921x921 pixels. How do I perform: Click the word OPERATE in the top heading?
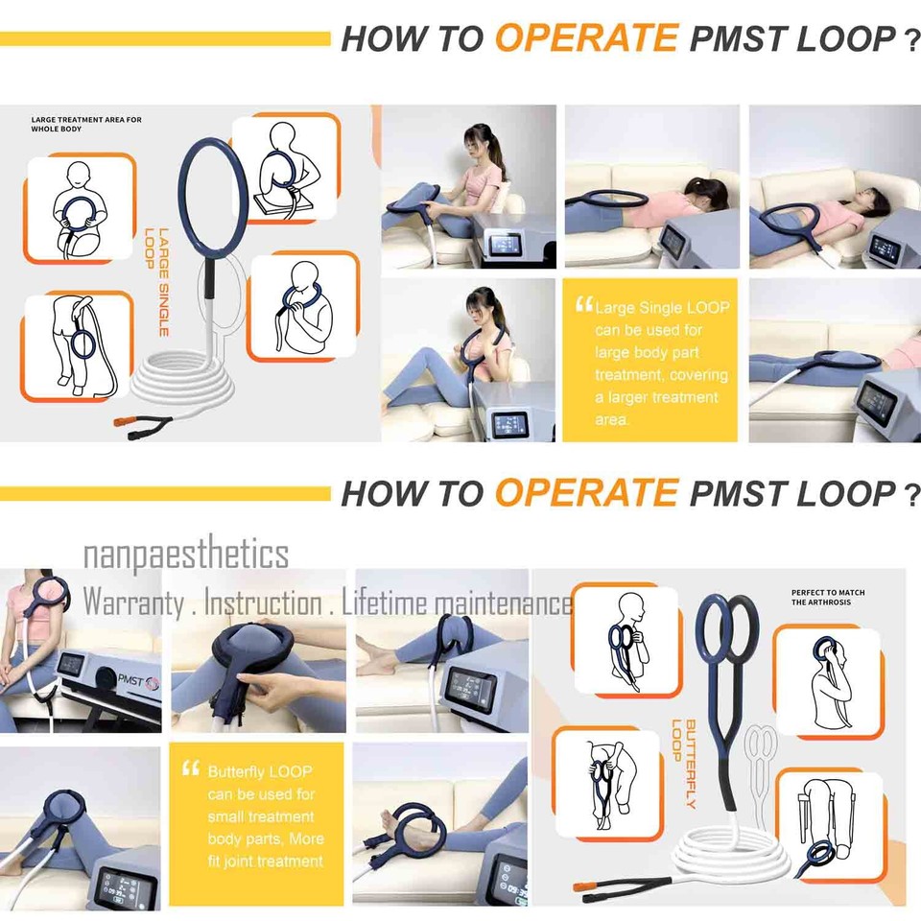click(x=586, y=38)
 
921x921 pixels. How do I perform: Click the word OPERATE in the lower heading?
click(x=586, y=493)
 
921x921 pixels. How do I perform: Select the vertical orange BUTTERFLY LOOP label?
click(x=683, y=764)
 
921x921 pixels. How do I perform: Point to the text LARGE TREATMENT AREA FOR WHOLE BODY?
click(x=86, y=124)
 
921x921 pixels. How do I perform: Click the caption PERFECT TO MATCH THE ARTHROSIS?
click(x=828, y=598)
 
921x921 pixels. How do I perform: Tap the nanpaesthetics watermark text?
click(x=185, y=555)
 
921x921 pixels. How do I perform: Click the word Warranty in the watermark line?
click(x=133, y=603)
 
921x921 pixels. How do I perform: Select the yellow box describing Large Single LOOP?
click(x=649, y=361)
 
